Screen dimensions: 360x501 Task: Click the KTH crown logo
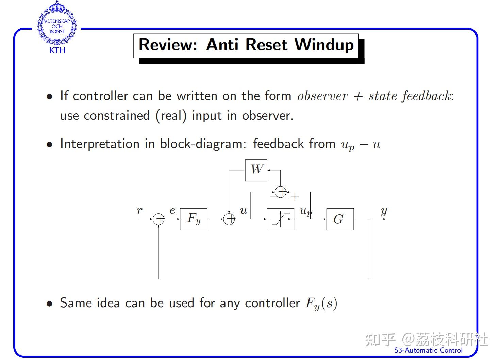(57, 24)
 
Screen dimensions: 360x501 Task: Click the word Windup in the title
(324, 45)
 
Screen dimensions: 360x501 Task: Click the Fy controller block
(194, 219)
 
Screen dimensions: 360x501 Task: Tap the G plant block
(340, 219)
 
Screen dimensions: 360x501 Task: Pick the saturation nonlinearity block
(280, 219)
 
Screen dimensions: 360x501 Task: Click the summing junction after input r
(158, 219)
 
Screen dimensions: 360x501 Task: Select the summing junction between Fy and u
(229, 219)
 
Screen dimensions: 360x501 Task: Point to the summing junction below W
(281, 192)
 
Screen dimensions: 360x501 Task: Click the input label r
(139, 211)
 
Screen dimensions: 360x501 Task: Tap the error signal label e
(172, 211)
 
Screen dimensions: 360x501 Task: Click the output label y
(384, 211)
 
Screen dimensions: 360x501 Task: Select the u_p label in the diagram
(305, 212)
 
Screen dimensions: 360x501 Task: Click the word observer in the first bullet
(322, 96)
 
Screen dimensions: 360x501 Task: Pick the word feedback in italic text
(426, 96)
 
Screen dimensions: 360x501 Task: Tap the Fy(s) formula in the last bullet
(321, 304)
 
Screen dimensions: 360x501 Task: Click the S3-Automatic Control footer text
(428, 350)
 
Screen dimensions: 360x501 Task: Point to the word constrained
(116, 116)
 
